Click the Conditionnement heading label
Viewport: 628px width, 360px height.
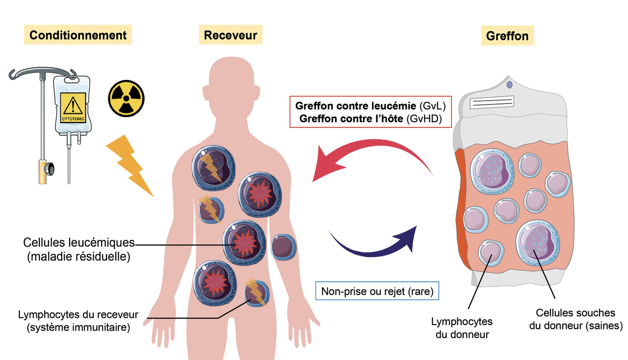coord(78,35)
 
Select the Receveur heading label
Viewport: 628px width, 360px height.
coord(230,35)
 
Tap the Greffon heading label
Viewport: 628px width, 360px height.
coord(507,36)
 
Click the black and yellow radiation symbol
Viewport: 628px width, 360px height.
coord(126,99)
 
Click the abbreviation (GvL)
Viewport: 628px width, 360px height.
coord(432,105)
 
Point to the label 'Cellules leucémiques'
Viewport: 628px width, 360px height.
coord(79,242)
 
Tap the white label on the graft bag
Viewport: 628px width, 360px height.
coord(491,103)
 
